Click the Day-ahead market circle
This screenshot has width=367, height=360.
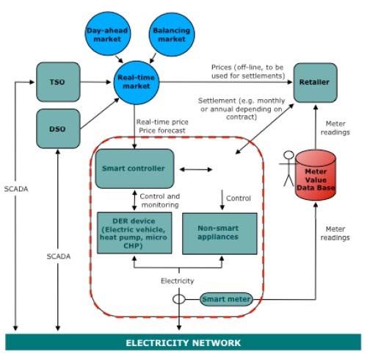[x=108, y=35]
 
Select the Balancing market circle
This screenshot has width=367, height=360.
[x=172, y=35]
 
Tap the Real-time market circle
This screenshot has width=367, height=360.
[x=137, y=83]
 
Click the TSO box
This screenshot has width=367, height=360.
[x=58, y=82]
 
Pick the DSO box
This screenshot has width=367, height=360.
[x=58, y=129]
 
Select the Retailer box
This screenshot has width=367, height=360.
[x=316, y=82]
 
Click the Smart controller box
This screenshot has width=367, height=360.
[x=134, y=168]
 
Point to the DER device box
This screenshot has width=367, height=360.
[x=134, y=233]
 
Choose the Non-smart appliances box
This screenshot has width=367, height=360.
[x=219, y=234]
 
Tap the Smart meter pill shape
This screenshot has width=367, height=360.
[x=226, y=299]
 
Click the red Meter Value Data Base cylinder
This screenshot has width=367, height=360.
[x=316, y=175]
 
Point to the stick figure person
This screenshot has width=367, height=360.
[x=288, y=168]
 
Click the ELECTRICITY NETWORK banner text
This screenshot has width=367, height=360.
[x=183, y=343]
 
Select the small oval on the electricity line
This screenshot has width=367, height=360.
[x=179, y=299]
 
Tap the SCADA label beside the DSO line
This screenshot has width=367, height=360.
[x=59, y=256]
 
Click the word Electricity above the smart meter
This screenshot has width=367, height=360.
[x=177, y=281]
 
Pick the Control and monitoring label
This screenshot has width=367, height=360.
[x=160, y=201]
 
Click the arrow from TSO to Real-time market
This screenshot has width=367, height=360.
[x=96, y=82]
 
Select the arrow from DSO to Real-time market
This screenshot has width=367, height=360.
[x=100, y=113]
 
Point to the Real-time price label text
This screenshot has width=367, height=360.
[x=162, y=122]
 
